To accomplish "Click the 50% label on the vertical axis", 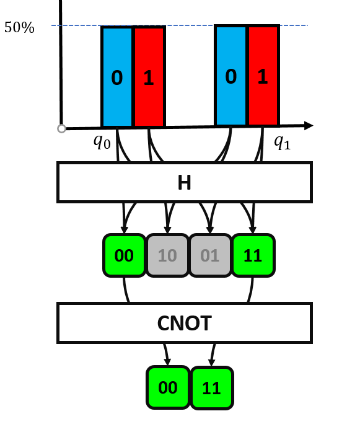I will [x=19, y=28].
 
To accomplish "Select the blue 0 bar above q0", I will [x=117, y=77].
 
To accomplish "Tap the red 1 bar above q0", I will [x=149, y=77].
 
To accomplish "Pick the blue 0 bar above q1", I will [x=231, y=76].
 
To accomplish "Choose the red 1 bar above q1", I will [x=263, y=76].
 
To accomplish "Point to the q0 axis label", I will [x=102, y=141].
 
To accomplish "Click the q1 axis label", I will [x=283, y=142].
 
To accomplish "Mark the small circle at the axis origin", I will [x=61, y=129].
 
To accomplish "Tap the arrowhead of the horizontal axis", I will [x=308, y=126].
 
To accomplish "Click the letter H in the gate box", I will [x=184, y=183].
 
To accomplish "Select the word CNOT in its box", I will [x=184, y=323].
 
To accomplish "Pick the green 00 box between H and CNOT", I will [x=124, y=255].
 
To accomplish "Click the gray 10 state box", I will [x=167, y=255].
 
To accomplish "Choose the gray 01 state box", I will [x=209, y=255].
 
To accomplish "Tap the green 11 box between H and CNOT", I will [x=253, y=255].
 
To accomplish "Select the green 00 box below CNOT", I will [x=167, y=387].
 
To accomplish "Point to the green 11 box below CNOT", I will [x=212, y=388].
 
